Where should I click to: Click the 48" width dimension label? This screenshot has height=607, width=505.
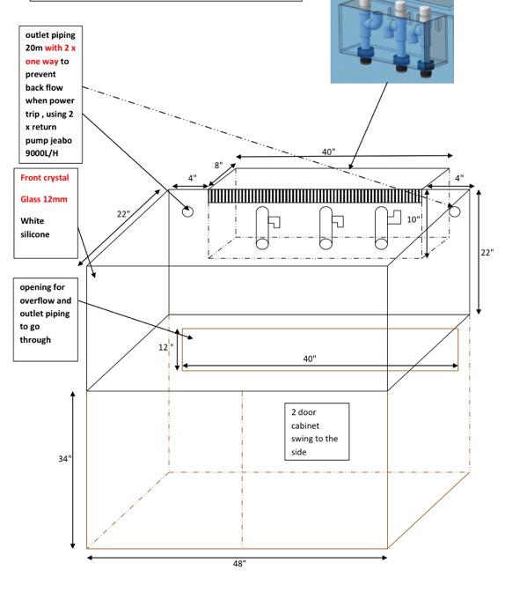(239, 563)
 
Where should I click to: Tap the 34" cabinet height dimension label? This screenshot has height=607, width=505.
(64, 459)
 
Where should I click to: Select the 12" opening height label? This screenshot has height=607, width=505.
(165, 347)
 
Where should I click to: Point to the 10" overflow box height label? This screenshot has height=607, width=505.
(414, 219)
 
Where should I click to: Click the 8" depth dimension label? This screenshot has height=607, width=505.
(218, 166)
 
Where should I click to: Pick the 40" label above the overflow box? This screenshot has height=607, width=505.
(329, 152)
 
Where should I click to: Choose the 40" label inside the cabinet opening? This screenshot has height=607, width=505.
(310, 359)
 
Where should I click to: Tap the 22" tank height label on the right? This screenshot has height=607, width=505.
(487, 252)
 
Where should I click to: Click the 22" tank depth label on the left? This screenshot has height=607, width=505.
(123, 214)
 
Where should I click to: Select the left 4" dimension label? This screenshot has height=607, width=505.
(192, 178)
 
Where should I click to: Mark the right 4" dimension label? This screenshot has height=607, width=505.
(459, 178)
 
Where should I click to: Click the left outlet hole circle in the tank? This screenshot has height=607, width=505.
(187, 211)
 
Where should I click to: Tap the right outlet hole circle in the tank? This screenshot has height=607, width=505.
(455, 211)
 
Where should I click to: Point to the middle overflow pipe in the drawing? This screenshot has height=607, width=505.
(326, 227)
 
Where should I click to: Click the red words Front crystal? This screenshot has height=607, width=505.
(45, 178)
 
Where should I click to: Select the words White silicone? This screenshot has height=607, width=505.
(35, 227)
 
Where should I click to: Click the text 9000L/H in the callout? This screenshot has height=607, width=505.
(41, 153)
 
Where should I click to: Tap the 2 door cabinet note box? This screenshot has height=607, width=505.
(317, 432)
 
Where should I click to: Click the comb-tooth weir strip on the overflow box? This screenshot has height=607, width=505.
(315, 196)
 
